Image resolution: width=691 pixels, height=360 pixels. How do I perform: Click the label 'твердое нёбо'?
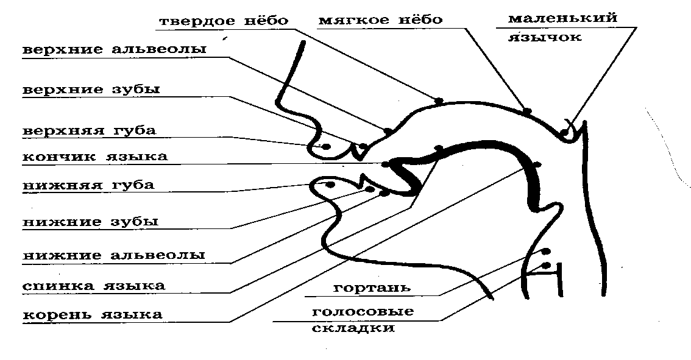[223, 21]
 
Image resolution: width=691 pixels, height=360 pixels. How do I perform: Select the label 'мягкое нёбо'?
[380, 20]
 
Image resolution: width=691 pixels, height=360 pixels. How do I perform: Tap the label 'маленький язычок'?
[562, 27]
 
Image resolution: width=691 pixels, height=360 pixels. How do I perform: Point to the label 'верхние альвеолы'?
[115, 50]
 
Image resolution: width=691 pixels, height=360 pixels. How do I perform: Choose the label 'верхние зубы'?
[91, 90]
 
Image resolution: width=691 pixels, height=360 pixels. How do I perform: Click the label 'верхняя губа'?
[89, 130]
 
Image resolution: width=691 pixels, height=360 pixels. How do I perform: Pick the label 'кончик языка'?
[95, 157]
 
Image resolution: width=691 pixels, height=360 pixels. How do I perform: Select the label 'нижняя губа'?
[88, 185]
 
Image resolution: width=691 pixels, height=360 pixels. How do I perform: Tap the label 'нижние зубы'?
[91, 222]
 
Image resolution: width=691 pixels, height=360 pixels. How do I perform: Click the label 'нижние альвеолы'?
[114, 255]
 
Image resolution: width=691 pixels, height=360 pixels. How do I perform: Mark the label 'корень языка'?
[93, 315]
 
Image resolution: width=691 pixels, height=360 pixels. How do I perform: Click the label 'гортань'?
[372, 288]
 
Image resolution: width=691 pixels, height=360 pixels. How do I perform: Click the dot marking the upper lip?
[326, 146]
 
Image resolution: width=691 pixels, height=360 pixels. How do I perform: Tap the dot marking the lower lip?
[330, 184]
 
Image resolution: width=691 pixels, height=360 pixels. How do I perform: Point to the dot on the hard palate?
[438, 100]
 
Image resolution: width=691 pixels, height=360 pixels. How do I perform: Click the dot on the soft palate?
[527, 111]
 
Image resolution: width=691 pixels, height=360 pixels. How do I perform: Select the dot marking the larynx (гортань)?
[545, 251]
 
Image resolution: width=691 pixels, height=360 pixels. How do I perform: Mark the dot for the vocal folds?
[545, 265]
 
